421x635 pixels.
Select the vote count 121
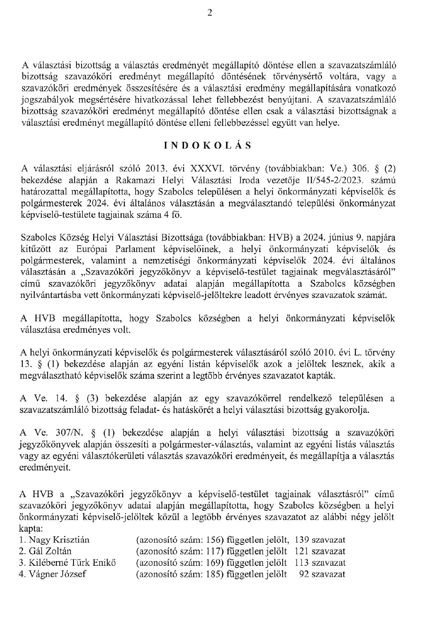[302, 551]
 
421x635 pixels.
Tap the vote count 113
[302, 563]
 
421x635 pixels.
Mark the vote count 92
[304, 574]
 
